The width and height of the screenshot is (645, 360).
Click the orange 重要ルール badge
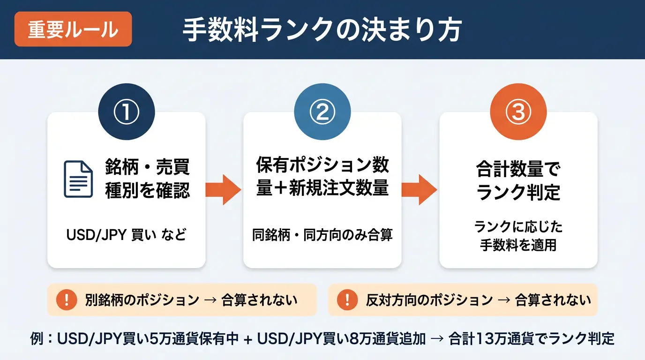click(73, 30)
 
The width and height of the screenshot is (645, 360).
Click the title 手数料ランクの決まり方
click(322, 30)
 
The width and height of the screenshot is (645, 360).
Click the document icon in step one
click(78, 179)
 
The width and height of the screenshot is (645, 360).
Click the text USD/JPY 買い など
click(127, 234)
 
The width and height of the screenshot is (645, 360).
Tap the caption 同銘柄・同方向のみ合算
click(322, 234)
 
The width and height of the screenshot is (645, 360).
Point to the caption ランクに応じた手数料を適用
click(518, 236)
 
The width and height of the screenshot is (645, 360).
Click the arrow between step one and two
click(224, 189)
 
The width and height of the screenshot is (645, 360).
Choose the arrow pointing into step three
click(420, 189)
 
